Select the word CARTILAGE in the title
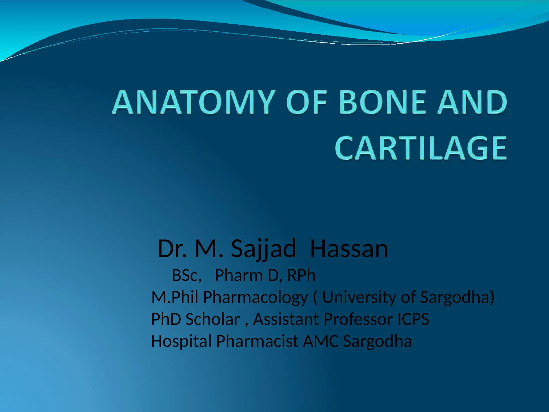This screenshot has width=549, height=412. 421,148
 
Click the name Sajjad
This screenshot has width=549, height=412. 264,249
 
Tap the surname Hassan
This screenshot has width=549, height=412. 349,249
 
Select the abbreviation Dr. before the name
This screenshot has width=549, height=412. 172,249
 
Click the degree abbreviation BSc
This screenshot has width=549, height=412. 186,275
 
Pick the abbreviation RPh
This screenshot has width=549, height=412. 301,275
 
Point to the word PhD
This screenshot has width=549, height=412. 166,319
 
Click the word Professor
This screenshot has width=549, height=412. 358,319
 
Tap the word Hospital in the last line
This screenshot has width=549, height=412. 181,341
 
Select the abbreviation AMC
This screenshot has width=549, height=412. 321,341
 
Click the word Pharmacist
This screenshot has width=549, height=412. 257,341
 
